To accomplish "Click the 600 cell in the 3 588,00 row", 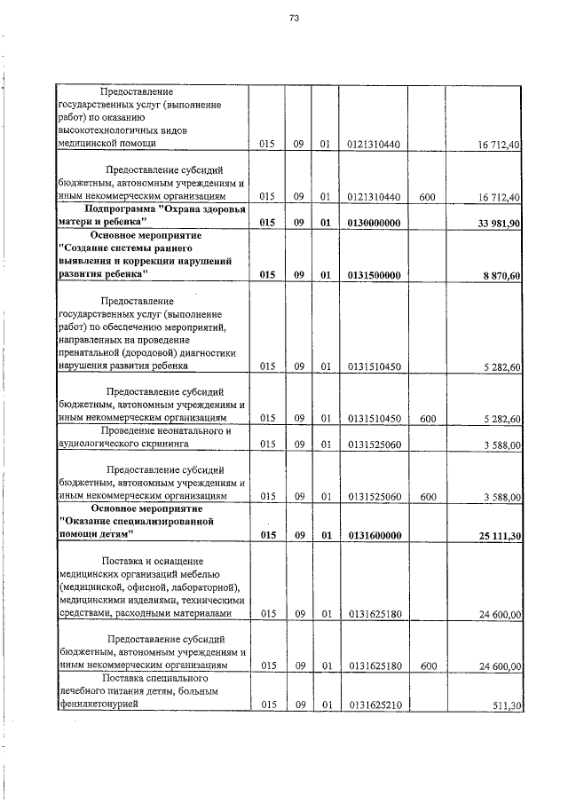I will (x=427, y=498).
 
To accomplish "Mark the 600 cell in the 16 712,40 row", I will (x=427, y=196).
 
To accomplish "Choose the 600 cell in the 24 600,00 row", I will (x=427, y=665).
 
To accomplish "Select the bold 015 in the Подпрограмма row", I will (x=268, y=223).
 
